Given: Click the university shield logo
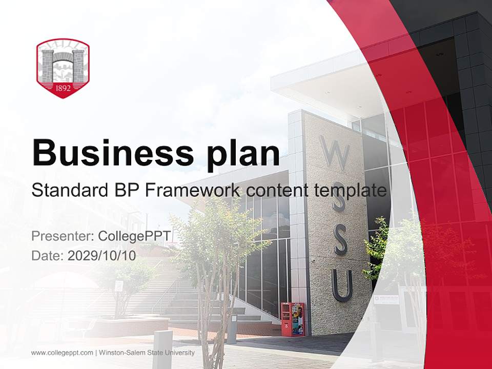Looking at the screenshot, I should click(63, 68).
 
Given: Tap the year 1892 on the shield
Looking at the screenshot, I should click(63, 87).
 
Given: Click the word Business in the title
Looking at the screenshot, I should click(108, 152).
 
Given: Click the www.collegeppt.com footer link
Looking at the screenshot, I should click(62, 353).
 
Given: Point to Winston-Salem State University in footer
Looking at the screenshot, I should click(147, 353).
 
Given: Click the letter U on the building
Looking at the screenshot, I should click(342, 285).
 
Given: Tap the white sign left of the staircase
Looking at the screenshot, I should click(118, 285).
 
